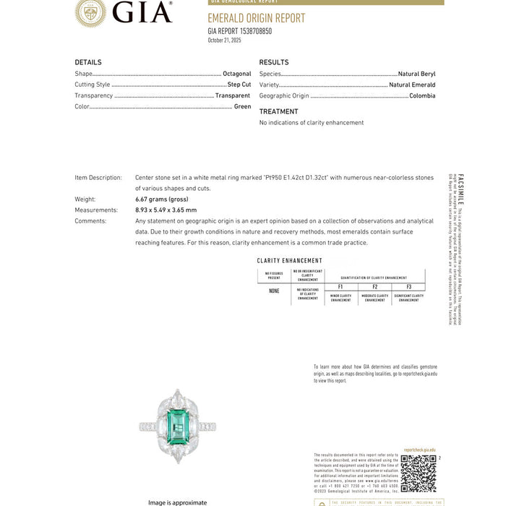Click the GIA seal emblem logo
click(x=90, y=12)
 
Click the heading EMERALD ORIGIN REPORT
click(x=256, y=18)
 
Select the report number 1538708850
click(x=251, y=31)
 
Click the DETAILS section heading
click(x=88, y=62)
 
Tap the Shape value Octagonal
click(x=237, y=74)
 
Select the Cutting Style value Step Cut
click(x=239, y=85)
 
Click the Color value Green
click(x=242, y=106)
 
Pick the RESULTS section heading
click(x=274, y=62)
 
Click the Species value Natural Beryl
click(x=417, y=74)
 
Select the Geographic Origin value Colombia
click(x=422, y=95)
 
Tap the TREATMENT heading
click(x=278, y=111)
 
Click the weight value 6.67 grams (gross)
click(x=162, y=199)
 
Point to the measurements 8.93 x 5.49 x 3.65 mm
click(x=166, y=210)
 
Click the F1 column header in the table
click(x=340, y=287)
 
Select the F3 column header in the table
click(x=408, y=287)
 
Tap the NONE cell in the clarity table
click(x=274, y=291)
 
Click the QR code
click(x=419, y=473)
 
